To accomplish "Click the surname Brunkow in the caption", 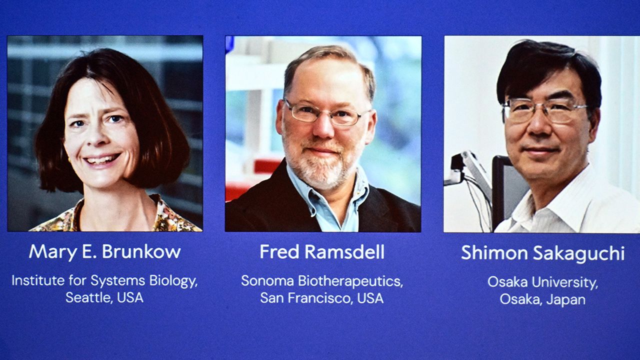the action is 141,251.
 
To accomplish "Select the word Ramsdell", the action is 344,252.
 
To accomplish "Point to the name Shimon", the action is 494,252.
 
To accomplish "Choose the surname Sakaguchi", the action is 579,253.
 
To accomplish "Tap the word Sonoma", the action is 267,281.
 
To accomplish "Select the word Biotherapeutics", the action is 350,281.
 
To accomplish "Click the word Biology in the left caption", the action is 173,281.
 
